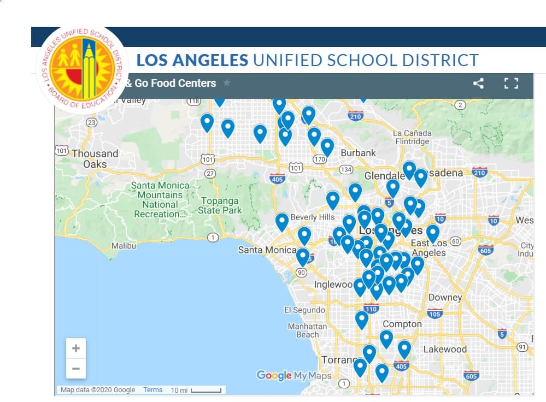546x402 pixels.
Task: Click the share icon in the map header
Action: click(478, 84)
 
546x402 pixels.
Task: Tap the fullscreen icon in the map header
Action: click(510, 84)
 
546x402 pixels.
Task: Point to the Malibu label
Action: click(124, 246)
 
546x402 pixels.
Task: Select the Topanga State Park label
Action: click(220, 205)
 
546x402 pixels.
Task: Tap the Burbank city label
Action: click(358, 153)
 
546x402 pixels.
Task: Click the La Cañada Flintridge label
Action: click(412, 137)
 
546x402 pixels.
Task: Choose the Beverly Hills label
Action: click(312, 217)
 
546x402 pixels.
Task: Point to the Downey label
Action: click(445, 298)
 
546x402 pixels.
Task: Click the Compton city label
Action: click(402, 324)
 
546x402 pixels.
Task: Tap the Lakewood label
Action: click(445, 349)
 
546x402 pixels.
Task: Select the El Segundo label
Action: click(304, 310)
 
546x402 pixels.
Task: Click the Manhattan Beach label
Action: click(307, 330)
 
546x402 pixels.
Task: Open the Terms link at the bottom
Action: click(152, 390)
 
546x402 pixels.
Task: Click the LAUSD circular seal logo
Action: click(83, 68)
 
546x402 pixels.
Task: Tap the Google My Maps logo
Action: click(294, 376)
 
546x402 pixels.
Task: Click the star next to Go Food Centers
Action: click(227, 84)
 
